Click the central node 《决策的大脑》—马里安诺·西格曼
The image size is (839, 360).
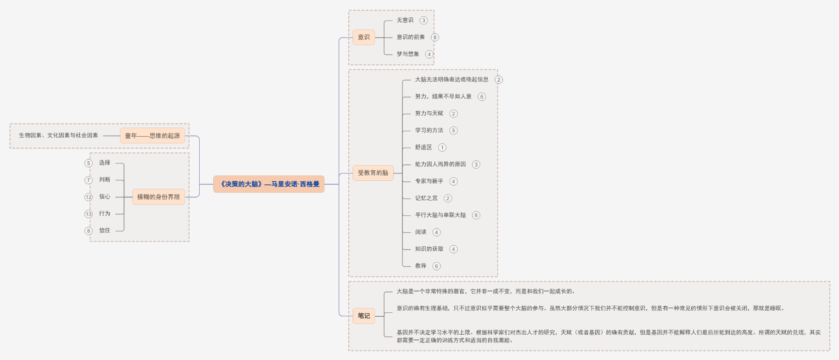click(269, 184)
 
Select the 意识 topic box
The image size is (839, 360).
click(364, 37)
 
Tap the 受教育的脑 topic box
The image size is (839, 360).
click(373, 173)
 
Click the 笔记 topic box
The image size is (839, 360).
click(364, 315)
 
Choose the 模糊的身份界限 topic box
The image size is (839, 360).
click(159, 197)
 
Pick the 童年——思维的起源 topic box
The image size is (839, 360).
click(153, 135)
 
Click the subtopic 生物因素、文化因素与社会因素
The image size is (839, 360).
click(59, 135)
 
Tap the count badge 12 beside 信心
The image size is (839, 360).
click(89, 197)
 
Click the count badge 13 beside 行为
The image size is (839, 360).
click(89, 214)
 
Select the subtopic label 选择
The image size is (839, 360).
click(104, 163)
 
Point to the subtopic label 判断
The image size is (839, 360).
click(104, 180)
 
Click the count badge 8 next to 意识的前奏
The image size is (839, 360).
click(435, 38)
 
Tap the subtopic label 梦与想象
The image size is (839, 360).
click(408, 54)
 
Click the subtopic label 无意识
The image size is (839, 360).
click(405, 20)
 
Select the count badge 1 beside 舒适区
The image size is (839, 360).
click(442, 148)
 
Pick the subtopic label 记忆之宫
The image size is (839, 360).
click(426, 198)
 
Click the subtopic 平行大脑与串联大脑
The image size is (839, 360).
click(440, 215)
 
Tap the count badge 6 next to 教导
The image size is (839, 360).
click(437, 266)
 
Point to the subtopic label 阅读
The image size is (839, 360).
click(421, 232)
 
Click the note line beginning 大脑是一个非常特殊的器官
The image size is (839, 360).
click(486, 291)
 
